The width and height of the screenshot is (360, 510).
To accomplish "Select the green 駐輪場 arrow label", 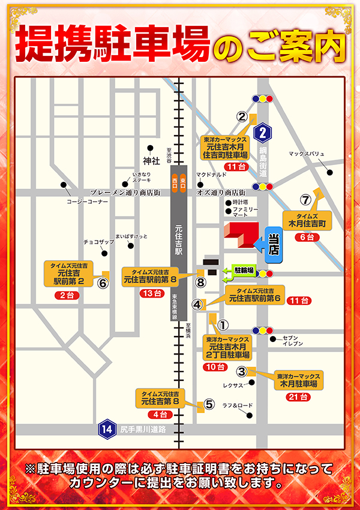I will [x=239, y=274].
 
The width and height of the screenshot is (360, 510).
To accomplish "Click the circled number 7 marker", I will [x=305, y=200].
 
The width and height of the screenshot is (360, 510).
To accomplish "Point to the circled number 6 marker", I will [x=103, y=283].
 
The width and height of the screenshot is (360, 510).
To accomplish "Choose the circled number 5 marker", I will [x=209, y=404].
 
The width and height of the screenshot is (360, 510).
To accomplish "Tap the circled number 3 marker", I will [x=242, y=371].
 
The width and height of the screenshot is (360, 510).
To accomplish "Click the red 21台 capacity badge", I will [x=298, y=397].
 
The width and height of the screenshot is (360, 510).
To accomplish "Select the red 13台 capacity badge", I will [x=152, y=293].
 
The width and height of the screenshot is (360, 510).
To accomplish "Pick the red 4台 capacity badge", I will [x=160, y=415].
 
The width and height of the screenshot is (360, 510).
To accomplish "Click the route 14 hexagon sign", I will [x=107, y=429].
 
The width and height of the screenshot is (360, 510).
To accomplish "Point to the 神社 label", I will [x=151, y=161].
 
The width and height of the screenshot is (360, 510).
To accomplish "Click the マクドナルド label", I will [x=211, y=175].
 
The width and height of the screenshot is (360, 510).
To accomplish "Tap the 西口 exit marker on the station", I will [x=175, y=181].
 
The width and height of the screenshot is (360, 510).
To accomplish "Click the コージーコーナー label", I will [x=88, y=202].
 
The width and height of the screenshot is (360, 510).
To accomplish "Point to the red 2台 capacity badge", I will [x=66, y=296].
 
